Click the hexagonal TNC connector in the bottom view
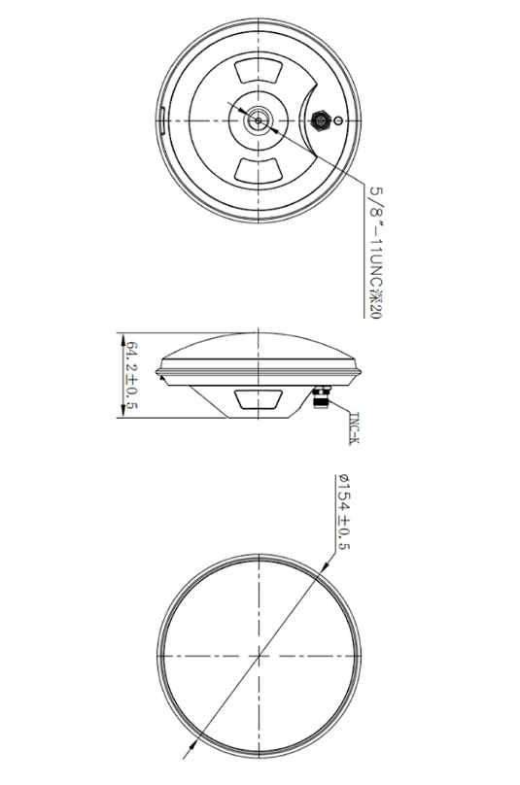pyautogui.click(x=320, y=121)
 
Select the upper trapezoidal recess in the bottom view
pyautogui.click(x=258, y=72)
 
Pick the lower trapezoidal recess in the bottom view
pyautogui.click(x=258, y=169)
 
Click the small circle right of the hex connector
pyautogui.click(x=337, y=121)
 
